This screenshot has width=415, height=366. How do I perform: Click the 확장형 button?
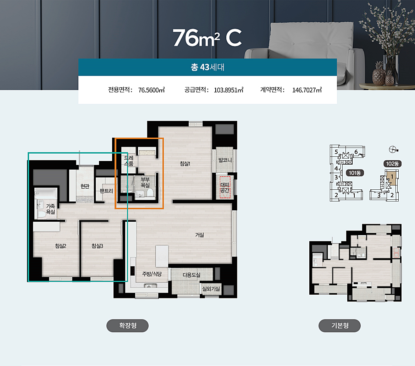click(x=128, y=326)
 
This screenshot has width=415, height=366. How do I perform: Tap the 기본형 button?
click(x=339, y=326)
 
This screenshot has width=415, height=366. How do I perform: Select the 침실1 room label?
click(x=185, y=163)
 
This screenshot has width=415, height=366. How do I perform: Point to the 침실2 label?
click(x=61, y=246)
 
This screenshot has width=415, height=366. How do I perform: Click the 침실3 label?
click(x=98, y=246)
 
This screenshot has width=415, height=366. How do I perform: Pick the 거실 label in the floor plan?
click(x=200, y=235)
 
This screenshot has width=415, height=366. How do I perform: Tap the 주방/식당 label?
click(x=152, y=274)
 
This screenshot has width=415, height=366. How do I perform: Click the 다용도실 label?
click(x=192, y=275)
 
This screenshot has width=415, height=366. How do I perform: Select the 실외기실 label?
click(x=211, y=289)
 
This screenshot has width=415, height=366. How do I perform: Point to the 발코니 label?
click(x=225, y=160)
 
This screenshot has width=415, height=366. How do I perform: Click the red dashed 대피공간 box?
click(x=225, y=187)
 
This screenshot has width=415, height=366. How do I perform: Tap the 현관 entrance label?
click(x=85, y=186)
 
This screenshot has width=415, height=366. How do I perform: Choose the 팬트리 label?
click(x=106, y=191)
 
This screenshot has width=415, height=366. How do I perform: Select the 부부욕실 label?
click(x=145, y=182)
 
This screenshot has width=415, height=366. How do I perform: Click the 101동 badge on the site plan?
click(x=355, y=173)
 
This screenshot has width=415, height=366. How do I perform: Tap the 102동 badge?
click(x=393, y=164)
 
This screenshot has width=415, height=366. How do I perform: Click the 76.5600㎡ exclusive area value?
click(x=152, y=90)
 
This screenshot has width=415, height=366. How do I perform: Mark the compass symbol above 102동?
click(x=393, y=150)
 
